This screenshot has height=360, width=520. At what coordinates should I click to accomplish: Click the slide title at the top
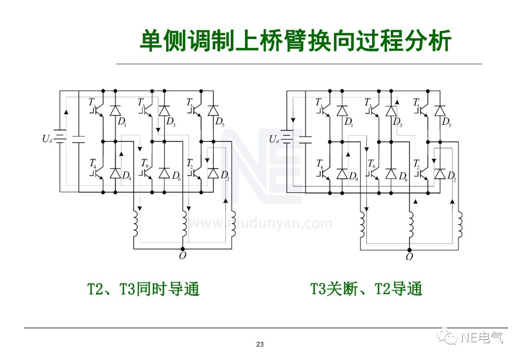295,40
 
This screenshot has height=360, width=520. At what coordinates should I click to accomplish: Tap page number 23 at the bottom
260,344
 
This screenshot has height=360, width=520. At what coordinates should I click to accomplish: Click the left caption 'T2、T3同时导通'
143,289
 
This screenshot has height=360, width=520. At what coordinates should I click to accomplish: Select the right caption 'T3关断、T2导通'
366,289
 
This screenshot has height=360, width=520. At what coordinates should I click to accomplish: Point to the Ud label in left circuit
47,139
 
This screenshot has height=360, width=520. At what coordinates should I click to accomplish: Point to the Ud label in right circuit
274,140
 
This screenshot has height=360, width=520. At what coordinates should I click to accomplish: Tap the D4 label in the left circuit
126,176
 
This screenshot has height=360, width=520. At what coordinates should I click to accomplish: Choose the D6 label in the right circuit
403,177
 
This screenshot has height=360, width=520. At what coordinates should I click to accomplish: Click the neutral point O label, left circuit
182,256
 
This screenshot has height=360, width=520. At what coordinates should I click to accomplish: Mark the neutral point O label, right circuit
409,257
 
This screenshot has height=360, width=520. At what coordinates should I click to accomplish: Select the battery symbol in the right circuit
287,139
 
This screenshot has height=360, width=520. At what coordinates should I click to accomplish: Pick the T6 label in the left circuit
144,164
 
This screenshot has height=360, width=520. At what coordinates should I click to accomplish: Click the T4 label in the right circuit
320,164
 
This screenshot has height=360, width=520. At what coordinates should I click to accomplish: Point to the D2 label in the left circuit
225,176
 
